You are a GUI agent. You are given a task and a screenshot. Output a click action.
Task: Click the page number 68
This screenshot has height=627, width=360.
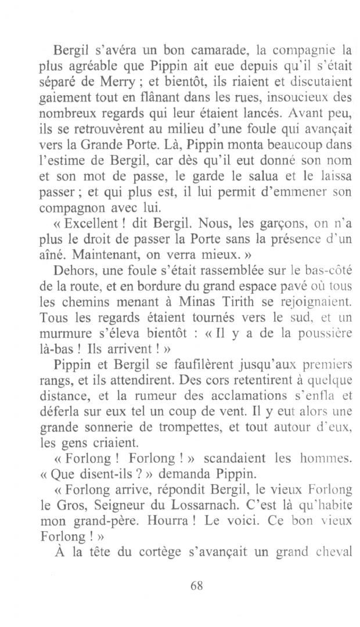(x=196, y=585)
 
